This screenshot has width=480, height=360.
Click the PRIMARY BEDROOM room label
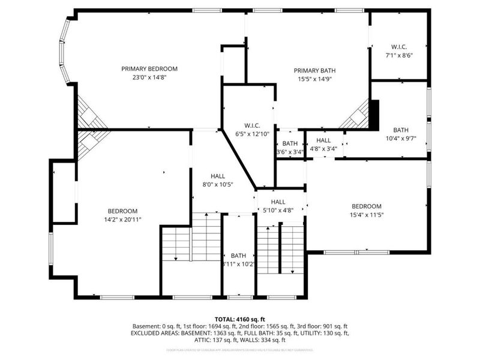tap(149, 68)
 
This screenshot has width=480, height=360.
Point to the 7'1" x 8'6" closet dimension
tap(399, 55)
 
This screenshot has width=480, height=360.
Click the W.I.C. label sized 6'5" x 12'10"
tap(251, 125)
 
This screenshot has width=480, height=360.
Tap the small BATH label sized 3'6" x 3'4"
tap(290, 143)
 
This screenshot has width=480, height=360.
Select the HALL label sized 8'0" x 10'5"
tap(218, 176)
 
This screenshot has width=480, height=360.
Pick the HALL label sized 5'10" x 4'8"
tap(278, 202)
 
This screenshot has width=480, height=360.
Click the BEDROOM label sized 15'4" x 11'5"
tap(366, 206)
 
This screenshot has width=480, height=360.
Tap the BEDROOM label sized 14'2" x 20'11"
tap(122, 211)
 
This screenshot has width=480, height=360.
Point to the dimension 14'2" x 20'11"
tap(122, 220)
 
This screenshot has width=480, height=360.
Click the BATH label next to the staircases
tap(238, 255)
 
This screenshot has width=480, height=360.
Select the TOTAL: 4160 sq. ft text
tap(240, 319)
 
